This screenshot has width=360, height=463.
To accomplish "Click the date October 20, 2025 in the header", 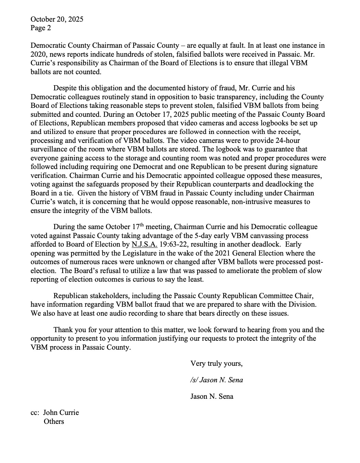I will coord(57,19).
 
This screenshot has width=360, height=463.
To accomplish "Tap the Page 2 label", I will coord(41,28).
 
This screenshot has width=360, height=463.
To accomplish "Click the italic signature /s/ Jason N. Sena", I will coord(217,380).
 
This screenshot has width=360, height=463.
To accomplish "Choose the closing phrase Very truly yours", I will coord(216,363).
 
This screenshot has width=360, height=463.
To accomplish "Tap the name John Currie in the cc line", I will coord(61,413).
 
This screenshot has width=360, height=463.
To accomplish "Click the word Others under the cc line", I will coord(54,421).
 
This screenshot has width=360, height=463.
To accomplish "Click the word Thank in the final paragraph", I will coord(63,330).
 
